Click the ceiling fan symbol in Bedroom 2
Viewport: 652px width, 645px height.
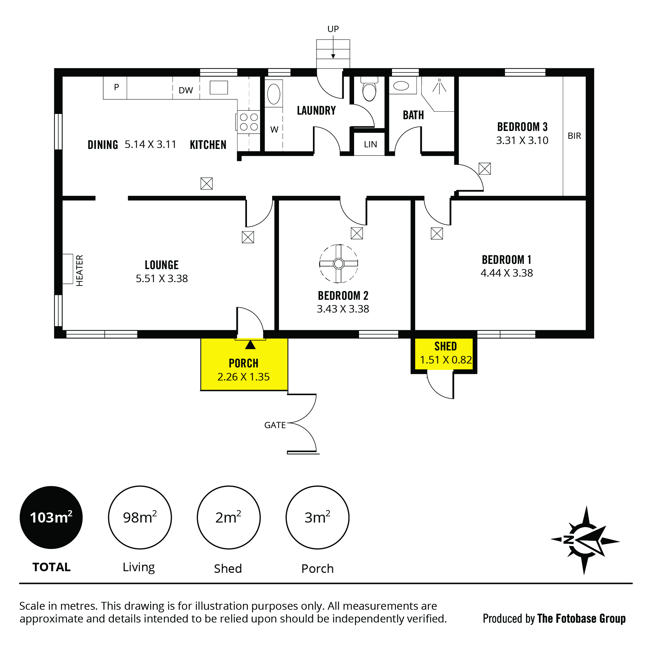(x=338, y=264)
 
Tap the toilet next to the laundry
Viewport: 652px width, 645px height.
(x=369, y=89)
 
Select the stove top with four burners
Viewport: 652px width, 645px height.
(x=249, y=122)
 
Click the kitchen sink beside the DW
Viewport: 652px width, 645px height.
(x=219, y=88)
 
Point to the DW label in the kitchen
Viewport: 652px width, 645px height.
(x=186, y=90)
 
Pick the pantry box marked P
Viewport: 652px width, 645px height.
(x=115, y=88)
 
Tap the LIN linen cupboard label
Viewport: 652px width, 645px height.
(x=370, y=144)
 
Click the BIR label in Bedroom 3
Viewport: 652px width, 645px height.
(x=574, y=136)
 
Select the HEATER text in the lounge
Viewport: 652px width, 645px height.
(x=79, y=270)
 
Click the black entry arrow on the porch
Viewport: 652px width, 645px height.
(x=250, y=345)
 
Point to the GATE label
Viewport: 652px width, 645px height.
(x=275, y=425)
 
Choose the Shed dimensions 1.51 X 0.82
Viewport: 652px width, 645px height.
(x=446, y=360)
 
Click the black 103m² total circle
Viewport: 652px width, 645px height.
(x=51, y=518)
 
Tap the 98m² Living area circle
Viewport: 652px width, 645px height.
(x=140, y=518)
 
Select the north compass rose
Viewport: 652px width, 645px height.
(x=585, y=540)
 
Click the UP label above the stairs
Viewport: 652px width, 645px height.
(x=333, y=29)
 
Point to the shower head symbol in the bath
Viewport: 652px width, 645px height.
(x=439, y=86)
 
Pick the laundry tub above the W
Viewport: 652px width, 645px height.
(x=274, y=94)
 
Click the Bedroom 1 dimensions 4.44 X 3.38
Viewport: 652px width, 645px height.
(x=507, y=273)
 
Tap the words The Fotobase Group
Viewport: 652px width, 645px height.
(x=581, y=618)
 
